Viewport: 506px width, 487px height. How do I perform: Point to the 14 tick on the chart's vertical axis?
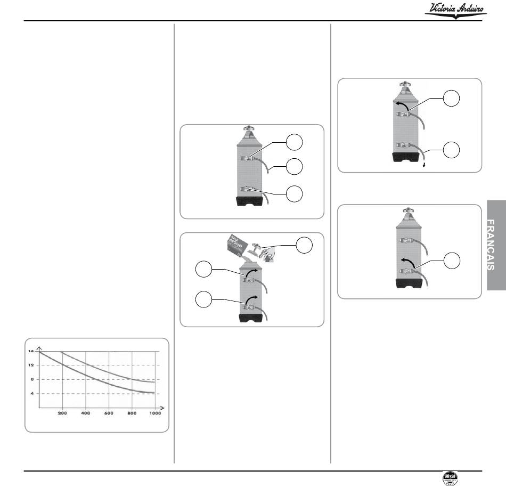(31, 351)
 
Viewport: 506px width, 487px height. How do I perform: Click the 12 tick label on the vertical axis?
(31, 366)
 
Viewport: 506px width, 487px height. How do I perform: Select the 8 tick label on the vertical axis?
(32, 379)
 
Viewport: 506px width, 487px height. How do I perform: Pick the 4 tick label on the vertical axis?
(32, 393)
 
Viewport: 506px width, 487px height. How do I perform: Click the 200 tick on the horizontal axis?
(62, 413)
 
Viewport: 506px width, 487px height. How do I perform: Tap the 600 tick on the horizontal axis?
(109, 413)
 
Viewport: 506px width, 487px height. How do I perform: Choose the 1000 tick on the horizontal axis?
(154, 413)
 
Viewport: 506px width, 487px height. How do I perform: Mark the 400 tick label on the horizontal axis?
(86, 413)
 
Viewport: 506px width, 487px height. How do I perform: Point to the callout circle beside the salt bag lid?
(305, 246)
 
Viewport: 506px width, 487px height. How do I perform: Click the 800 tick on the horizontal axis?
(132, 413)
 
